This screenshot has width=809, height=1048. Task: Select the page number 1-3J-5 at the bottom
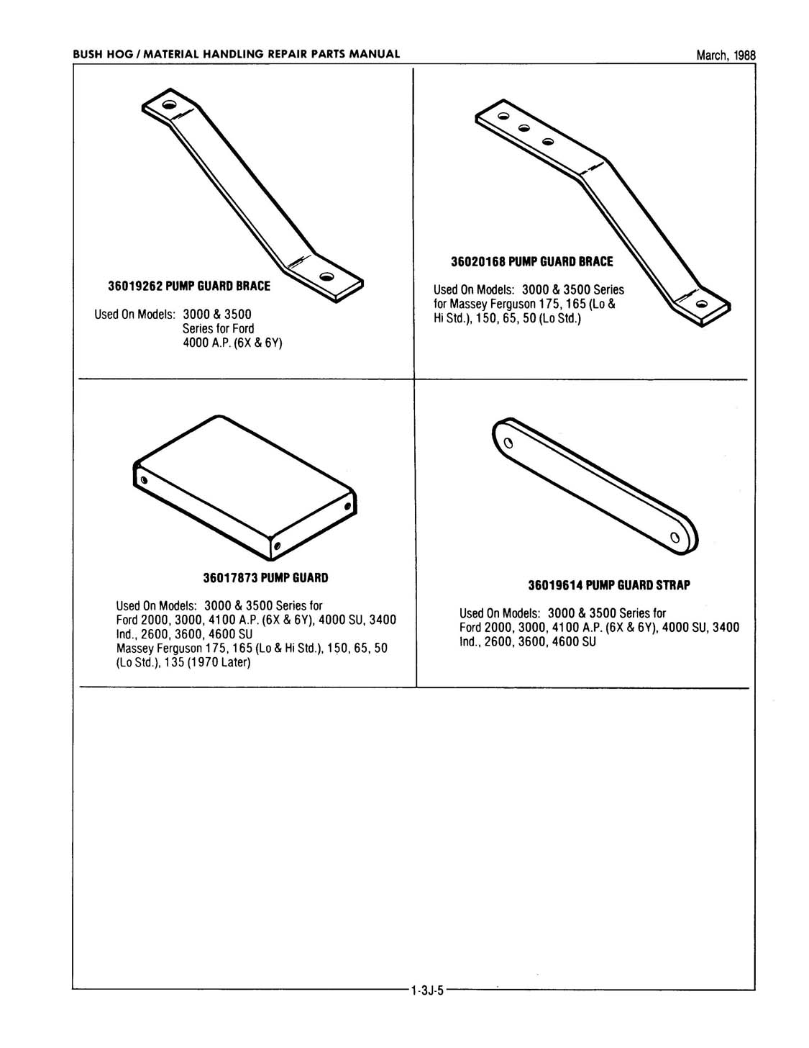429,990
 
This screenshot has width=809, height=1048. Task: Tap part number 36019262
135,286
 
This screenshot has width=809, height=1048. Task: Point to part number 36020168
478,261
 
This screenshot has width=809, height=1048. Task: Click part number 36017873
230,577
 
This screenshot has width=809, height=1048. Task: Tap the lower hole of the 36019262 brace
327,276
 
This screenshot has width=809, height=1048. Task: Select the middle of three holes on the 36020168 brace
524,128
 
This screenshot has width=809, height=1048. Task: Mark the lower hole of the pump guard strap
675,537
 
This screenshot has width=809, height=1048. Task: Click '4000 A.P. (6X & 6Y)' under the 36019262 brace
232,343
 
